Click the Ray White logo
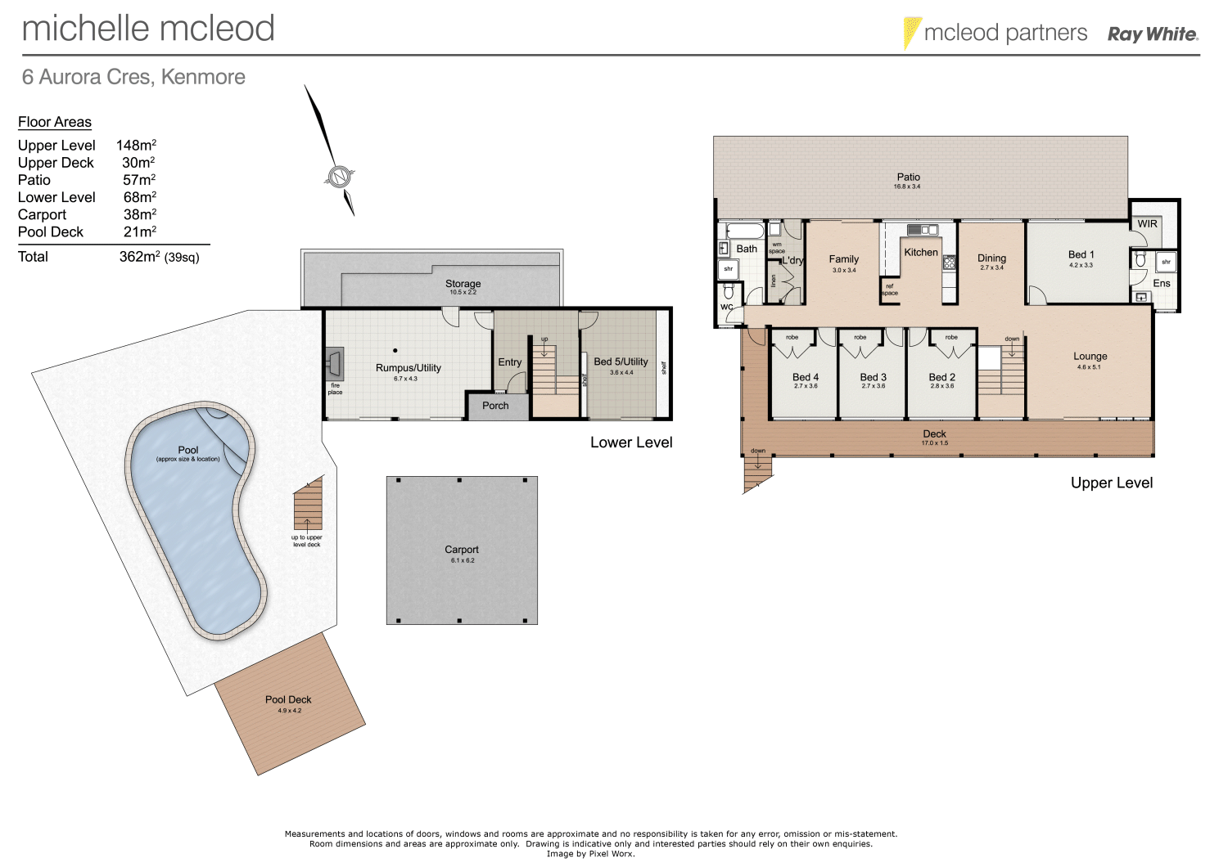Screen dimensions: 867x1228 click(1153, 34)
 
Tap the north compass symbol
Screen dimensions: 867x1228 click(338, 176)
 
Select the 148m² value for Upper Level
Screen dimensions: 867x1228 click(136, 146)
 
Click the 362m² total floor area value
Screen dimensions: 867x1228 click(139, 257)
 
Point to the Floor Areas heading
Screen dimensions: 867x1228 click(55, 122)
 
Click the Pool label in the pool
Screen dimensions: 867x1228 click(188, 450)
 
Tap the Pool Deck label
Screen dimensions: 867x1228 click(288, 699)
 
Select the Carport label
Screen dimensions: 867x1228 click(462, 550)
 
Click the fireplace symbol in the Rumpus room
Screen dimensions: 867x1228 click(335, 360)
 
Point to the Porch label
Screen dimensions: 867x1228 click(495, 406)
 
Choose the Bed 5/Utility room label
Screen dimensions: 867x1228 click(621, 362)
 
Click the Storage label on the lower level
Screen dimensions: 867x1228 click(463, 284)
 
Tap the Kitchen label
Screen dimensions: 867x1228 click(921, 253)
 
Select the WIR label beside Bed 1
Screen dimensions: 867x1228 click(1147, 224)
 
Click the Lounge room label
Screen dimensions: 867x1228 click(1090, 357)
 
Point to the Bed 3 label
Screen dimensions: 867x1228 click(873, 377)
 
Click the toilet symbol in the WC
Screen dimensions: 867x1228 click(729, 292)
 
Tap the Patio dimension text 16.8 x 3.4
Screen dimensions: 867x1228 click(907, 186)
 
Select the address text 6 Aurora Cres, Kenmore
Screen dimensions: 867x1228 click(133, 77)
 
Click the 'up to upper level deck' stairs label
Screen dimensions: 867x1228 click(307, 541)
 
